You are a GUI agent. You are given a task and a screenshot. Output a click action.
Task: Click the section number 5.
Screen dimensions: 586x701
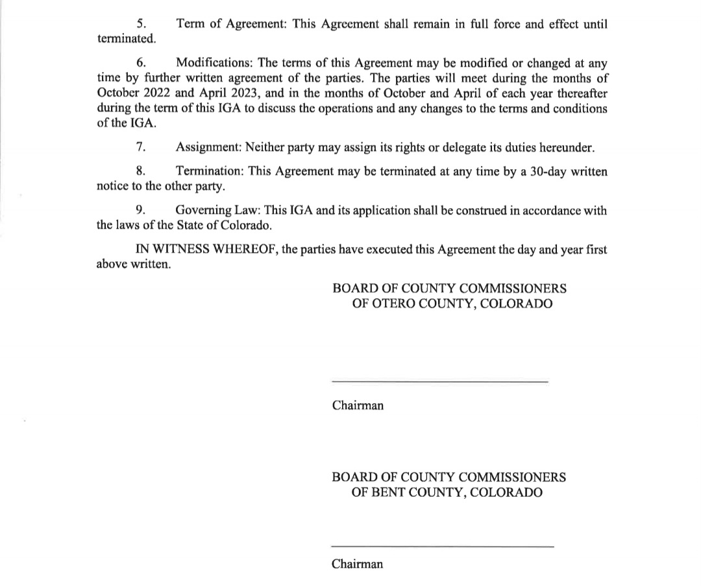coord(141,24)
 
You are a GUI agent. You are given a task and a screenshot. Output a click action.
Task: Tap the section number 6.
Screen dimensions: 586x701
coord(141,63)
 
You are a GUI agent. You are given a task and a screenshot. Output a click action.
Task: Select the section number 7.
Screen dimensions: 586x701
coord(141,147)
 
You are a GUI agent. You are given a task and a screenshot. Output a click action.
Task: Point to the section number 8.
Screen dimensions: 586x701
coord(141,172)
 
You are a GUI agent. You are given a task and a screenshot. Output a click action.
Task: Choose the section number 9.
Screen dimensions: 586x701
coord(141,211)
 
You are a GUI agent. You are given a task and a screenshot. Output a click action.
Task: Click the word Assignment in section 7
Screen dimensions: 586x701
coord(208,147)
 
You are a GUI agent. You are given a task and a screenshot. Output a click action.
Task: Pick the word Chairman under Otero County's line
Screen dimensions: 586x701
coord(358,406)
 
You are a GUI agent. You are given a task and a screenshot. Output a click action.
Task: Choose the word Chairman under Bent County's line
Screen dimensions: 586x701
coord(357,564)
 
